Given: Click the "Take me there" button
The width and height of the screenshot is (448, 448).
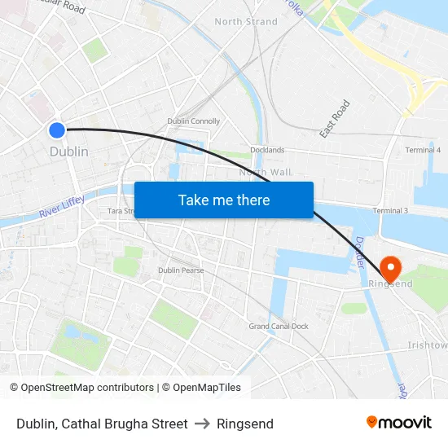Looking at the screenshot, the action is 224,200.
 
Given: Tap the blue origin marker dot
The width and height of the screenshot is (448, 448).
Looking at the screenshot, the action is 57,130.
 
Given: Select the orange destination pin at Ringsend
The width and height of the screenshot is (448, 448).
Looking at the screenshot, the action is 390,268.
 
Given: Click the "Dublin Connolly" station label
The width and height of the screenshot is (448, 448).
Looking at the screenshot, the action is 193,121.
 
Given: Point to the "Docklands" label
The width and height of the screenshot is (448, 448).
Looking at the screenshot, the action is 268,150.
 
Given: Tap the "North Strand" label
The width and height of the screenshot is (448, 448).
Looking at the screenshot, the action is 245,21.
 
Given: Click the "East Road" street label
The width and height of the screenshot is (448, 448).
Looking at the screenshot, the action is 335,118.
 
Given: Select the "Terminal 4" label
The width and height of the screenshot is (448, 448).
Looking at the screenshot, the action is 423,150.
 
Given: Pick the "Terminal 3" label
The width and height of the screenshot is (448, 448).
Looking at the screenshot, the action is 390,211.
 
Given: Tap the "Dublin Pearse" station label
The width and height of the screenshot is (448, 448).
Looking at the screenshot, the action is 181,270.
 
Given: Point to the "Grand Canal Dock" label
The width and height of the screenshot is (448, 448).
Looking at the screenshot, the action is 279,327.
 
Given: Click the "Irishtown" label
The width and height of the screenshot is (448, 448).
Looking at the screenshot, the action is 427,345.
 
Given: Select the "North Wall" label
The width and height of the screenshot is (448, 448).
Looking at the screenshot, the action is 264,172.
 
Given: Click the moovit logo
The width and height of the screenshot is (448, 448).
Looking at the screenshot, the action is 398,422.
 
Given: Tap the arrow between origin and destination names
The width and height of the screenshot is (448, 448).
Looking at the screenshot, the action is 202,424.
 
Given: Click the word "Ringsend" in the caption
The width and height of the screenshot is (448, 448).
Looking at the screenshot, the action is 245,424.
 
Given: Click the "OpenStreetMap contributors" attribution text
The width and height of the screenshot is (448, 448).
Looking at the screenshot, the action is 87,388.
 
